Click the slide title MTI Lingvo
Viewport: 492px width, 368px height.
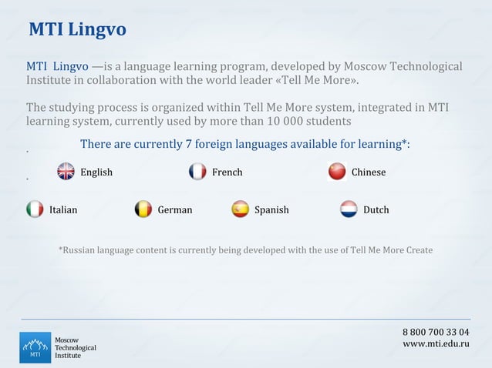coord(77,30)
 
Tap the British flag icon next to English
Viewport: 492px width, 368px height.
coord(66,172)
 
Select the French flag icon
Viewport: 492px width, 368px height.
coord(197,172)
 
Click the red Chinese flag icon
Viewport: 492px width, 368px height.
coord(337,172)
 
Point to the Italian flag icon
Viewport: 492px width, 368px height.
coord(35,209)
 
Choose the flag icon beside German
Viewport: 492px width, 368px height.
coord(143,209)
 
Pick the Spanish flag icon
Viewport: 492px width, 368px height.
coord(241,209)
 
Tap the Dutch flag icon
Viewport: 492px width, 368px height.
coord(349,209)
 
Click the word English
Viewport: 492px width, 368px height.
coord(96,172)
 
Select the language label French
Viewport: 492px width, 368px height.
coord(227,172)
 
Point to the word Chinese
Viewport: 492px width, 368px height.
coord(368,172)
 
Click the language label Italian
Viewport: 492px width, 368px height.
coord(63,210)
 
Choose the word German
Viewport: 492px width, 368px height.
coord(175,210)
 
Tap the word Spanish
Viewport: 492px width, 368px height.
coord(271,210)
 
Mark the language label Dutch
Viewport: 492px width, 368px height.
coord(376,210)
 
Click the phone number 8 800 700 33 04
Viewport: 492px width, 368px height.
coord(436,332)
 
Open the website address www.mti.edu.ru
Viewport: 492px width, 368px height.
coord(436,343)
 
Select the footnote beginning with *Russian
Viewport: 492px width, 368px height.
coord(245,250)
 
